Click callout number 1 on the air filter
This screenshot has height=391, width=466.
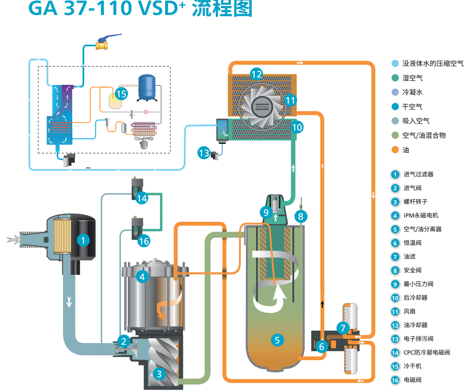pyautogui.click(x=83, y=240)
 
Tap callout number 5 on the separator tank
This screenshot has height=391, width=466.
pyautogui.click(x=277, y=340)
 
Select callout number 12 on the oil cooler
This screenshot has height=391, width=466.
pyautogui.click(x=256, y=75)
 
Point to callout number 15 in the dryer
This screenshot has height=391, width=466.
pyautogui.click(x=121, y=94)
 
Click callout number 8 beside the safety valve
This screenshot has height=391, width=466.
pyautogui.click(x=301, y=216)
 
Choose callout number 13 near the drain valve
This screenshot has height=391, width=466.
pyautogui.click(x=204, y=152)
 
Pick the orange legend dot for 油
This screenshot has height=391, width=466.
pyautogui.click(x=395, y=150)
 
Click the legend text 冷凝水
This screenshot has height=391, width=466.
pyautogui.click(x=413, y=92)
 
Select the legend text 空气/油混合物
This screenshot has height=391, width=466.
pyautogui.click(x=424, y=135)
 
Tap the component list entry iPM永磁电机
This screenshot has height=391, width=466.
pyautogui.click(x=421, y=215)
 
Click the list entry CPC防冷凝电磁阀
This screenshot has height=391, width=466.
pyautogui.click(x=427, y=352)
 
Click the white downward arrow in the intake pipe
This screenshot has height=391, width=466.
pyautogui.click(x=69, y=302)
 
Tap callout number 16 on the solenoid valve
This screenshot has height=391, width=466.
pyautogui.click(x=144, y=241)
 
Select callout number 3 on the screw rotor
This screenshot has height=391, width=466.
pyautogui.click(x=159, y=374)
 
